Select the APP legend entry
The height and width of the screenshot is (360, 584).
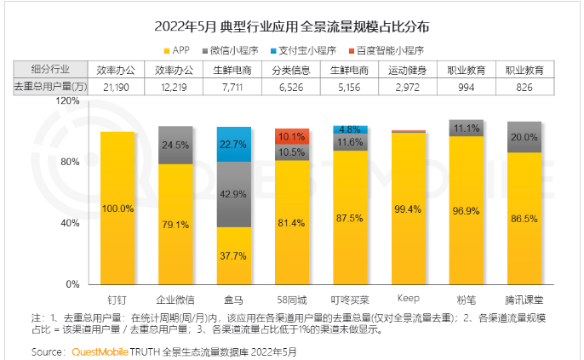point(179,49)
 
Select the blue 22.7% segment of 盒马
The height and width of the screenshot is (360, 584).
point(233,144)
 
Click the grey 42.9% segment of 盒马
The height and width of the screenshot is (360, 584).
point(233,194)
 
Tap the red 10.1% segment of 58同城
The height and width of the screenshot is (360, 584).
point(291,136)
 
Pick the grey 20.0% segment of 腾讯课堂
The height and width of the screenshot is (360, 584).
point(523,137)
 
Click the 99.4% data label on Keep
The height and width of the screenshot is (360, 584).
point(407,209)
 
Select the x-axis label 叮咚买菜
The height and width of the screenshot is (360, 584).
point(349,300)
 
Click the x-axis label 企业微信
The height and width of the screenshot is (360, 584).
point(175,300)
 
